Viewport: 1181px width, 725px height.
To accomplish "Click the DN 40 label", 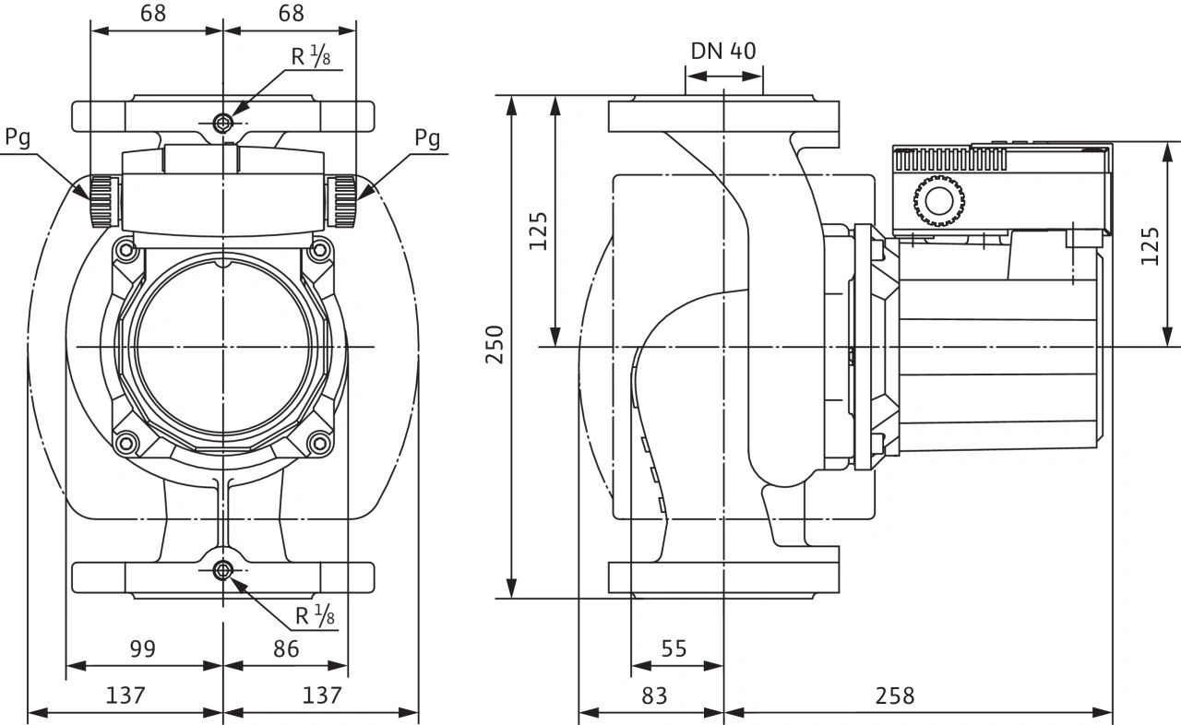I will pyautogui.click(x=723, y=51).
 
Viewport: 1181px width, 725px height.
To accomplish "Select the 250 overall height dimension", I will pyautogui.click(x=495, y=345).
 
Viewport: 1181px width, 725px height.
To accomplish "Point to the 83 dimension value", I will pyautogui.click(x=653, y=695).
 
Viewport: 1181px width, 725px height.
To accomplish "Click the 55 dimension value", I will pyautogui.click(x=674, y=648).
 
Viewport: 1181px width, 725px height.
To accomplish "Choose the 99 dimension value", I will pyautogui.click(x=141, y=648).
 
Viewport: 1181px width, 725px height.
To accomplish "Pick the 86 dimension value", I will pyautogui.click(x=286, y=648).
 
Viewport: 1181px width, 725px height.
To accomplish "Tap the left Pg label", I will pyautogui.click(x=18, y=138).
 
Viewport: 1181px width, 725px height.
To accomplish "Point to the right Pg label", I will pyautogui.click(x=426, y=138).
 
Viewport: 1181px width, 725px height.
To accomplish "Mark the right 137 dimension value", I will pyautogui.click(x=323, y=695).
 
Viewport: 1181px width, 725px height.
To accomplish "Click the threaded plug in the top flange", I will pyautogui.click(x=222, y=124).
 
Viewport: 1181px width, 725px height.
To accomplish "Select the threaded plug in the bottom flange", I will pyautogui.click(x=222, y=571).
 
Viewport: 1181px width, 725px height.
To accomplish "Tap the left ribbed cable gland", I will pyautogui.click(x=102, y=202).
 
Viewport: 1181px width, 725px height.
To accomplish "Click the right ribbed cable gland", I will pyautogui.click(x=344, y=202).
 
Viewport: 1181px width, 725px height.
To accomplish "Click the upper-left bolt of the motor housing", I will pyautogui.click(x=125, y=249).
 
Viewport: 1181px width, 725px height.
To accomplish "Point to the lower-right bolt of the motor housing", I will pyautogui.click(x=321, y=443).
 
